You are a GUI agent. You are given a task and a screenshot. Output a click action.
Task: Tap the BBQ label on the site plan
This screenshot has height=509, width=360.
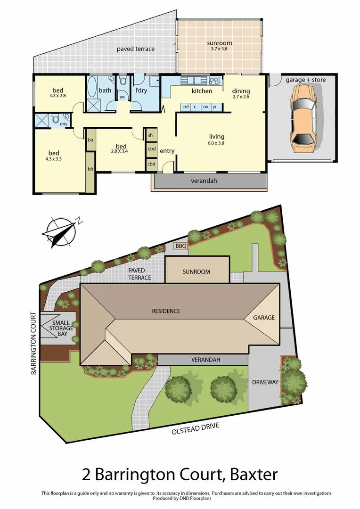[x=180, y=246]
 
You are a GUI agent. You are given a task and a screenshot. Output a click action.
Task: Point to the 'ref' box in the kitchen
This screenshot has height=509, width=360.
[x=186, y=107]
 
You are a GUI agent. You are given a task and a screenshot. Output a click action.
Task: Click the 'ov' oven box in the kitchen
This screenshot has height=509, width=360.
[x=205, y=107]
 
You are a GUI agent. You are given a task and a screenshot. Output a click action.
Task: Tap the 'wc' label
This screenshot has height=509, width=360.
[x=122, y=97]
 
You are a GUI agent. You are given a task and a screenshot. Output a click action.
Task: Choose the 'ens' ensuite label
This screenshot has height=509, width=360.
[x=63, y=124]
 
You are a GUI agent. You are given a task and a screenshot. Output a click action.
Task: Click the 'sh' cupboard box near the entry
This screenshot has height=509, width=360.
[x=151, y=135]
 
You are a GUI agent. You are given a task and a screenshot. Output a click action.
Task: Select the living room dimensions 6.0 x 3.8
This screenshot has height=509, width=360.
[x=216, y=143]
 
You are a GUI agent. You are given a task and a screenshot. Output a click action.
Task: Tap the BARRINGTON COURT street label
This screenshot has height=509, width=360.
[x=33, y=343]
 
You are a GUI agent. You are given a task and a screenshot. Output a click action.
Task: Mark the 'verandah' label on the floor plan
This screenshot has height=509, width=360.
[x=204, y=181]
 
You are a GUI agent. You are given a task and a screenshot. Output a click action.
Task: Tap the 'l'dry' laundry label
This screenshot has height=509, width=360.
[x=141, y=90]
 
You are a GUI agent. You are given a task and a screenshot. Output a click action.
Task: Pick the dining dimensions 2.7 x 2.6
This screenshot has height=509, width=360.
[x=240, y=97]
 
